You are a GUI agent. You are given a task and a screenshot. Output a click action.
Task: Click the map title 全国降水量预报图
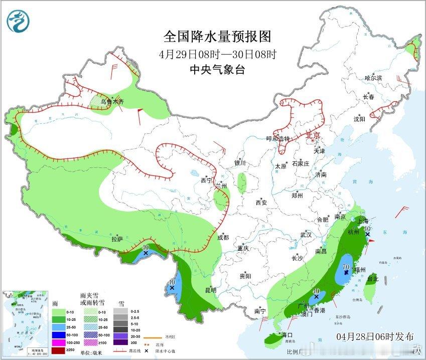(217, 37)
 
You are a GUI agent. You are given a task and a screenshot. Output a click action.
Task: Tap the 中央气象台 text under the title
(217, 70)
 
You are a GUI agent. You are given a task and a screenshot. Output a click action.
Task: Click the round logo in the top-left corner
(19, 21)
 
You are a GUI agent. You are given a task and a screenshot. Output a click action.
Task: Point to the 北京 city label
(313, 135)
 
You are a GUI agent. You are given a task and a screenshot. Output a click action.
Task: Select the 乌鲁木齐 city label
(111, 102)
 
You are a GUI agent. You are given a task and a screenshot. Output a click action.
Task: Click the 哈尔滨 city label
(373, 78)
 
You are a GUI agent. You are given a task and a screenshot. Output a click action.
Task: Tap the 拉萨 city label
(117, 240)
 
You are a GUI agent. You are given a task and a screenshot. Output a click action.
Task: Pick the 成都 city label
(223, 238)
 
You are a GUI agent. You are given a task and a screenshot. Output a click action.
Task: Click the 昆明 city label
(210, 290)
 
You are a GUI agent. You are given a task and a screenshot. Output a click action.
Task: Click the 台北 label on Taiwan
(372, 278)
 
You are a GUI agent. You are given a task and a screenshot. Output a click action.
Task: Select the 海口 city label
(287, 334)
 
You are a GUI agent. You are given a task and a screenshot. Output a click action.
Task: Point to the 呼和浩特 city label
(278, 139)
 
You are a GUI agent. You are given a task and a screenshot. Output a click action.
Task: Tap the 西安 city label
(261, 203)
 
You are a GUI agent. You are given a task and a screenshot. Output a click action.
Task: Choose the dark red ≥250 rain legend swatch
(59, 350)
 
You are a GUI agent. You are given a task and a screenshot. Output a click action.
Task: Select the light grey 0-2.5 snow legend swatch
(120, 311)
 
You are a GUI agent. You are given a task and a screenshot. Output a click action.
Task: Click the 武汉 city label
(306, 235)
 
